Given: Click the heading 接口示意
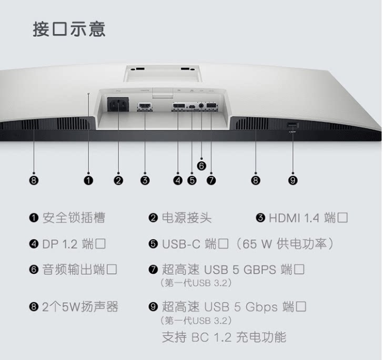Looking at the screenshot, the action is coord(69,29).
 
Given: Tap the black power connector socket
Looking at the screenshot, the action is coord(118,104).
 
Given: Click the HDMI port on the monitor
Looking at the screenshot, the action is coord(145,106).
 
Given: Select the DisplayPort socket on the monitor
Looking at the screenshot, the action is coord(179,106).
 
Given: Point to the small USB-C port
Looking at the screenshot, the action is coord(192,106).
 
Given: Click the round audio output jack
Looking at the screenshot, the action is coord(201,106).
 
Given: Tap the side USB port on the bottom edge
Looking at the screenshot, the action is coord(293,125).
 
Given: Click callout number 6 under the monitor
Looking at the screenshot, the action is coord(201,166).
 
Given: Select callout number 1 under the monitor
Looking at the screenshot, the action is coord(88,181).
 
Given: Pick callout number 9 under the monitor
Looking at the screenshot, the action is coord(293,181).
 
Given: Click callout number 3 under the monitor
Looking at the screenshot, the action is coord(145,181).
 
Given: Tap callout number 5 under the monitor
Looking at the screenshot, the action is coord(192,181).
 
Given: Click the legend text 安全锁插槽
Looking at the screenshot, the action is coord(74,217).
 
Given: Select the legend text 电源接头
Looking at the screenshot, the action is coord(187,217).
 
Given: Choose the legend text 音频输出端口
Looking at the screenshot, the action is coord(79,269).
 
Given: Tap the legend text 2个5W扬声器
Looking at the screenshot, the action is coord(80,307).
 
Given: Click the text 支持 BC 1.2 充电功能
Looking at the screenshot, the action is coord(224,337).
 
